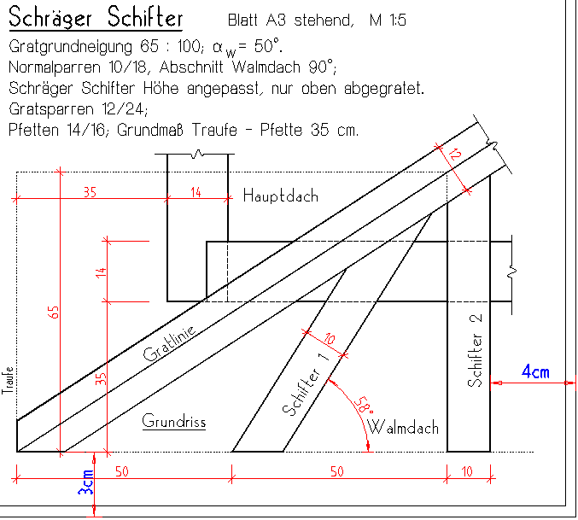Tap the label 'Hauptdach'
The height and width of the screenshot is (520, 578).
click(x=280, y=196)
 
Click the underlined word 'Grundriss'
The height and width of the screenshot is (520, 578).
click(x=174, y=422)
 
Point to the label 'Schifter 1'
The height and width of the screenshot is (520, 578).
click(x=305, y=389)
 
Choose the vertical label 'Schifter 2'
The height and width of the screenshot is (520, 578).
click(x=476, y=350)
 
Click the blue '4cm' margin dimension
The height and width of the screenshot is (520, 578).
click(x=535, y=371)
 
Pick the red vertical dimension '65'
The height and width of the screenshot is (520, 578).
click(x=54, y=313)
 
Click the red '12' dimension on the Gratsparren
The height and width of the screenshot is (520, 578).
click(x=455, y=156)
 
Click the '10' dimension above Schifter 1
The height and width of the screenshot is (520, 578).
click(x=330, y=340)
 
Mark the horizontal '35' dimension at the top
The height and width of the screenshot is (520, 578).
click(x=90, y=192)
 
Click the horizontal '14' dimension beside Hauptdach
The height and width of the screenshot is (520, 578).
click(x=196, y=192)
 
